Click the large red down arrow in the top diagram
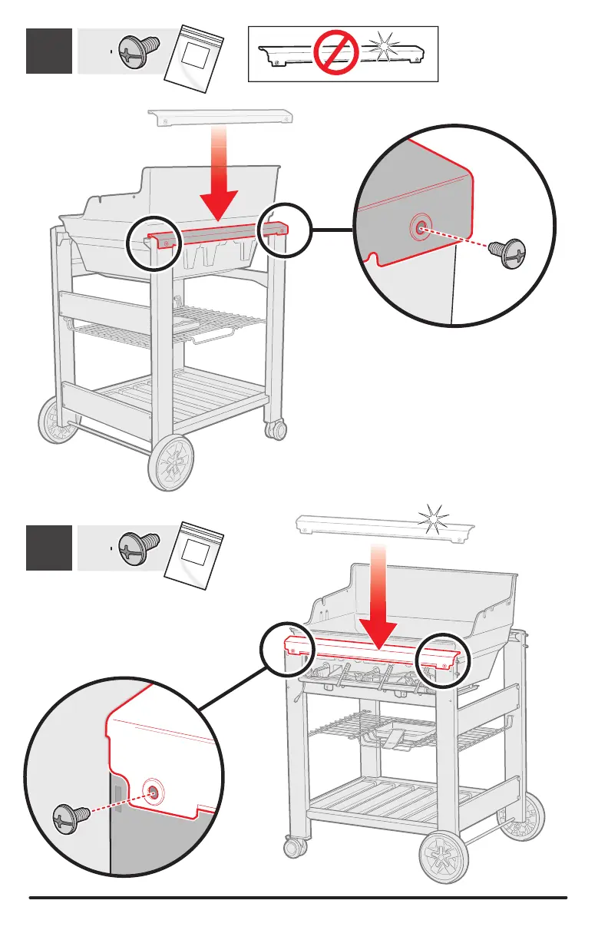point(221,192)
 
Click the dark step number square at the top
point(49,51)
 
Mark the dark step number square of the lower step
point(49,548)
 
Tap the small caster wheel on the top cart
point(275,429)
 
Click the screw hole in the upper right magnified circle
point(419,227)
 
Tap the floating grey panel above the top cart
point(220,115)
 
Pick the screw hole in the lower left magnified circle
point(153,790)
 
